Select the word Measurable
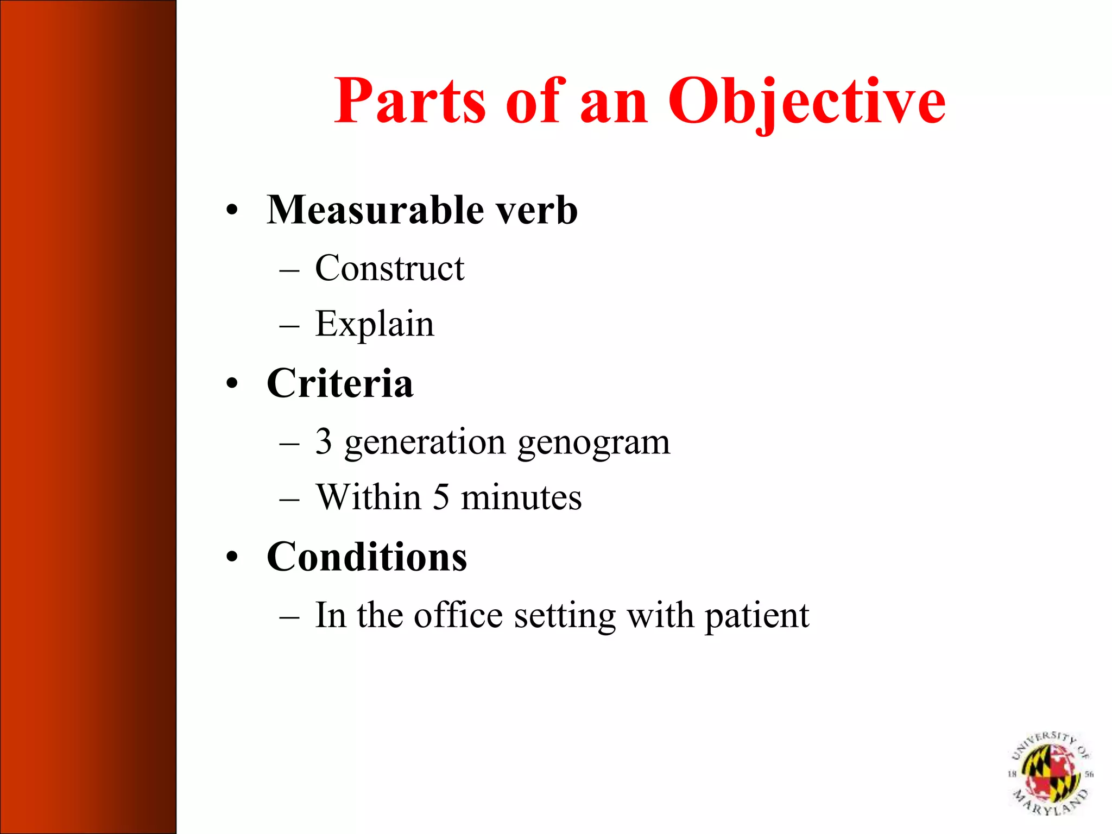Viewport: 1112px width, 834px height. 375,210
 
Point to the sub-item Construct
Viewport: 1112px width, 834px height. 389,268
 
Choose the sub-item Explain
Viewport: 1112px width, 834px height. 375,324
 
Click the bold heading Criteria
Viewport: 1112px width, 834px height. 340,383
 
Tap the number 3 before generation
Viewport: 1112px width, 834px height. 324,441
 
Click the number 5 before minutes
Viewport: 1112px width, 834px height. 441,497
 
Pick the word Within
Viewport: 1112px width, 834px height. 369,497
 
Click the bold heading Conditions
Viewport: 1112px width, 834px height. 367,557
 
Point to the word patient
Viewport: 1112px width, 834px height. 757,616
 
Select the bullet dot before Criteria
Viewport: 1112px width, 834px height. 232,384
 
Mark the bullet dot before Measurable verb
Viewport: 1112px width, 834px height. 232,211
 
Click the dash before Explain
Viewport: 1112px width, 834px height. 289,326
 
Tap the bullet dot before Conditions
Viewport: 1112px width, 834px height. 232,558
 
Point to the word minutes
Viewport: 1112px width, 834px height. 521,497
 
